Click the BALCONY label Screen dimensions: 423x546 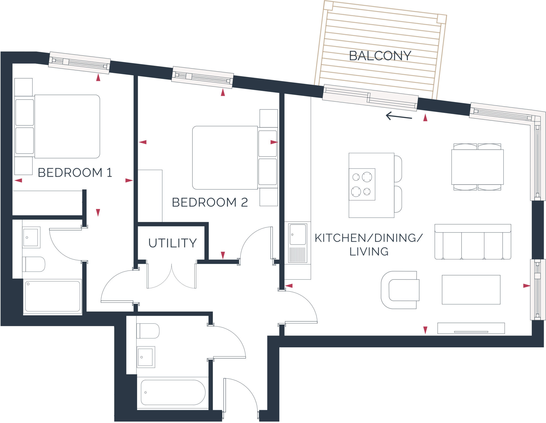tap(380, 56)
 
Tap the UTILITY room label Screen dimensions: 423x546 tap(172, 243)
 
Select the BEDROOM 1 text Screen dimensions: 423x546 tap(75, 173)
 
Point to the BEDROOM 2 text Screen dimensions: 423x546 tap(210, 202)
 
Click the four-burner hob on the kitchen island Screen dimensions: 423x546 tap(362, 184)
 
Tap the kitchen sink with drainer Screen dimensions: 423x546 tap(298, 243)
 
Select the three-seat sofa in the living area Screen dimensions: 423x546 tap(472, 242)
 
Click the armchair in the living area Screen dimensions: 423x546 tap(400, 290)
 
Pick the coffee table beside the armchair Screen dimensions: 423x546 tap(471, 290)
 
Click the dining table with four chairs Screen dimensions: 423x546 tap(477, 167)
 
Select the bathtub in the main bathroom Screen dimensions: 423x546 tap(173, 392)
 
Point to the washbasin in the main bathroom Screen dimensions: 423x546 tap(146, 357)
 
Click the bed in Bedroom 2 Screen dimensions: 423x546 tap(225, 157)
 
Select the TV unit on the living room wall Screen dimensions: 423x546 tap(471, 328)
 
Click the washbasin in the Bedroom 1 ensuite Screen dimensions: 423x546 tap(31, 237)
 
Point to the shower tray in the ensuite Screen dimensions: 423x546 tap(53, 296)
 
